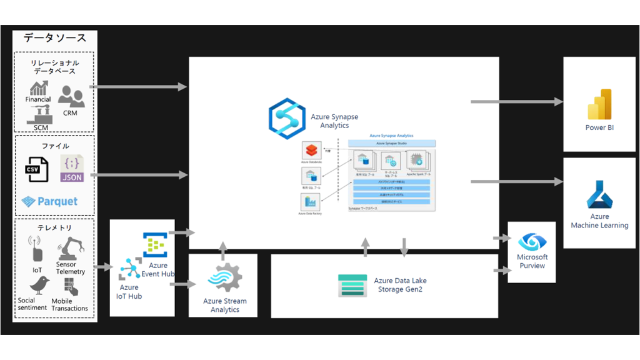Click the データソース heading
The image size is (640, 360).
point(55,38)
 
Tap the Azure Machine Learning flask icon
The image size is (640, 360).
point(599,194)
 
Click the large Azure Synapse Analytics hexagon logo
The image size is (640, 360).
point(286,116)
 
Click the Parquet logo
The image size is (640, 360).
point(49,201)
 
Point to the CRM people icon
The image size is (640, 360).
point(71,97)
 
